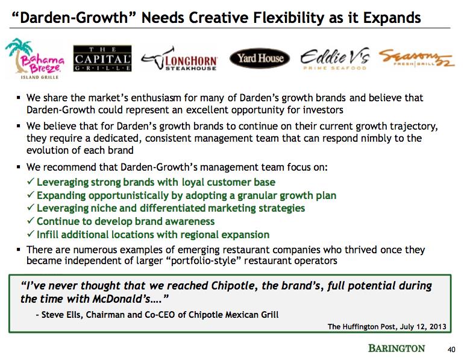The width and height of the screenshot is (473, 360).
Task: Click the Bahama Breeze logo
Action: click(34, 58)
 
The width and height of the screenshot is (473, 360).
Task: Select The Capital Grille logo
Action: click(102, 58)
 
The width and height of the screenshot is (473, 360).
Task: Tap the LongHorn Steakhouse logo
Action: click(179, 59)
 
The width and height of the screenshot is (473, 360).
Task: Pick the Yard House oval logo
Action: click(260, 58)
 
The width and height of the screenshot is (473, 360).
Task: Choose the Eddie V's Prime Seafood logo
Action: click(335, 58)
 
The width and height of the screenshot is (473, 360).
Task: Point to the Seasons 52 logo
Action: click(416, 58)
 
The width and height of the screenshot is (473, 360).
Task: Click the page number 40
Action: click(451, 350)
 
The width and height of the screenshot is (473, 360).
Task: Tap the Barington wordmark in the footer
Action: click(396, 348)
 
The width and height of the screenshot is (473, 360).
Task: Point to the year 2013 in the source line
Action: click(437, 326)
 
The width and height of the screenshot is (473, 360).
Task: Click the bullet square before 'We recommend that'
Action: click(19, 166)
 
